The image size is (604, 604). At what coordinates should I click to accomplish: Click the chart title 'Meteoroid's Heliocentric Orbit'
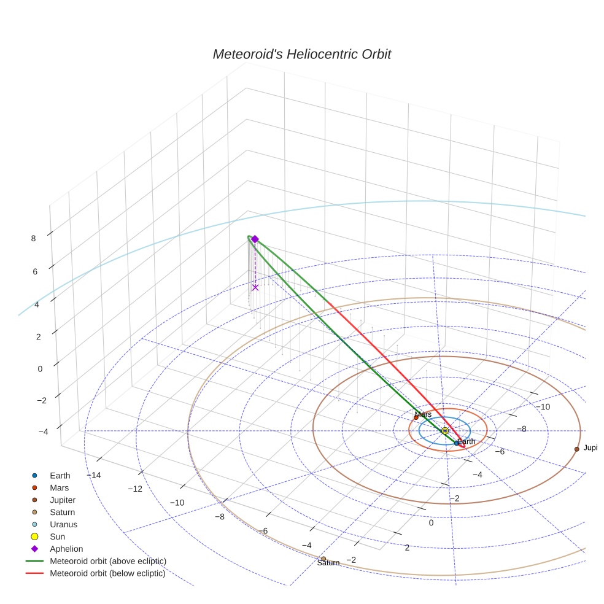(301, 54)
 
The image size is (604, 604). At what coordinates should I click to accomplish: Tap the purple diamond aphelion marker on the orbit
(255, 239)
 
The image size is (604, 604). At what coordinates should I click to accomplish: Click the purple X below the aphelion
(255, 287)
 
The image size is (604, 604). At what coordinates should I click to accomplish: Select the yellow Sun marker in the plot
(445, 431)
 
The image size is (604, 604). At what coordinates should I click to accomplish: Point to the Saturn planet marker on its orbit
(323, 559)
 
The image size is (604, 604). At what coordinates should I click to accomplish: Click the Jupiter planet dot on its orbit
(576, 449)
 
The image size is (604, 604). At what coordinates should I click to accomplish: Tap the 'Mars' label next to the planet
(424, 414)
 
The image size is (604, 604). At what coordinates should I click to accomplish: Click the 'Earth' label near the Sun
(467, 441)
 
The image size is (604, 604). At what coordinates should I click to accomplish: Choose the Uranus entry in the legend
(63, 524)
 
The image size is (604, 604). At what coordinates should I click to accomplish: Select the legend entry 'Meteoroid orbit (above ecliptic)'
(107, 561)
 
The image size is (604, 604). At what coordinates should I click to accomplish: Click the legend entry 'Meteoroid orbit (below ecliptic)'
(107, 573)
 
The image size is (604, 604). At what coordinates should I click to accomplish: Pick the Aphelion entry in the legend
(66, 549)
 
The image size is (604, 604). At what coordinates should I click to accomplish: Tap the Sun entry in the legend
(57, 536)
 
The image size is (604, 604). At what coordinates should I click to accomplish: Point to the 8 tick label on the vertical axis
(33, 238)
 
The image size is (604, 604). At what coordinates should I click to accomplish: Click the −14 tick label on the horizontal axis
(94, 475)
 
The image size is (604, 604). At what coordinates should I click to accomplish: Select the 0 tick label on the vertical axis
(40, 368)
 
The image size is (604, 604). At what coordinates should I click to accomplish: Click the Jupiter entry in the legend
(63, 500)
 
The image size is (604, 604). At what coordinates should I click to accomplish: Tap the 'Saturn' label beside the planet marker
(328, 563)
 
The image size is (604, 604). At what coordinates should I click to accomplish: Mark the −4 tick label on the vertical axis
(43, 432)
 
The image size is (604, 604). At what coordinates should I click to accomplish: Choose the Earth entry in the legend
(60, 475)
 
